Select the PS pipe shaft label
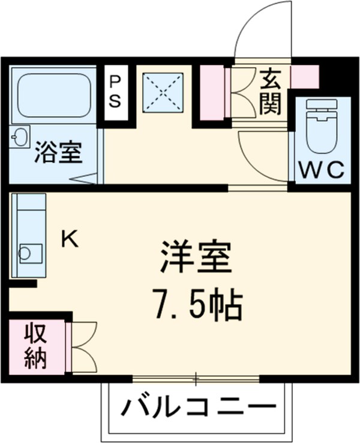tap(114, 92)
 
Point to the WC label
tap(321, 170)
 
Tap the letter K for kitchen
tap(70, 240)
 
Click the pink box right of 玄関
tap(304, 76)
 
